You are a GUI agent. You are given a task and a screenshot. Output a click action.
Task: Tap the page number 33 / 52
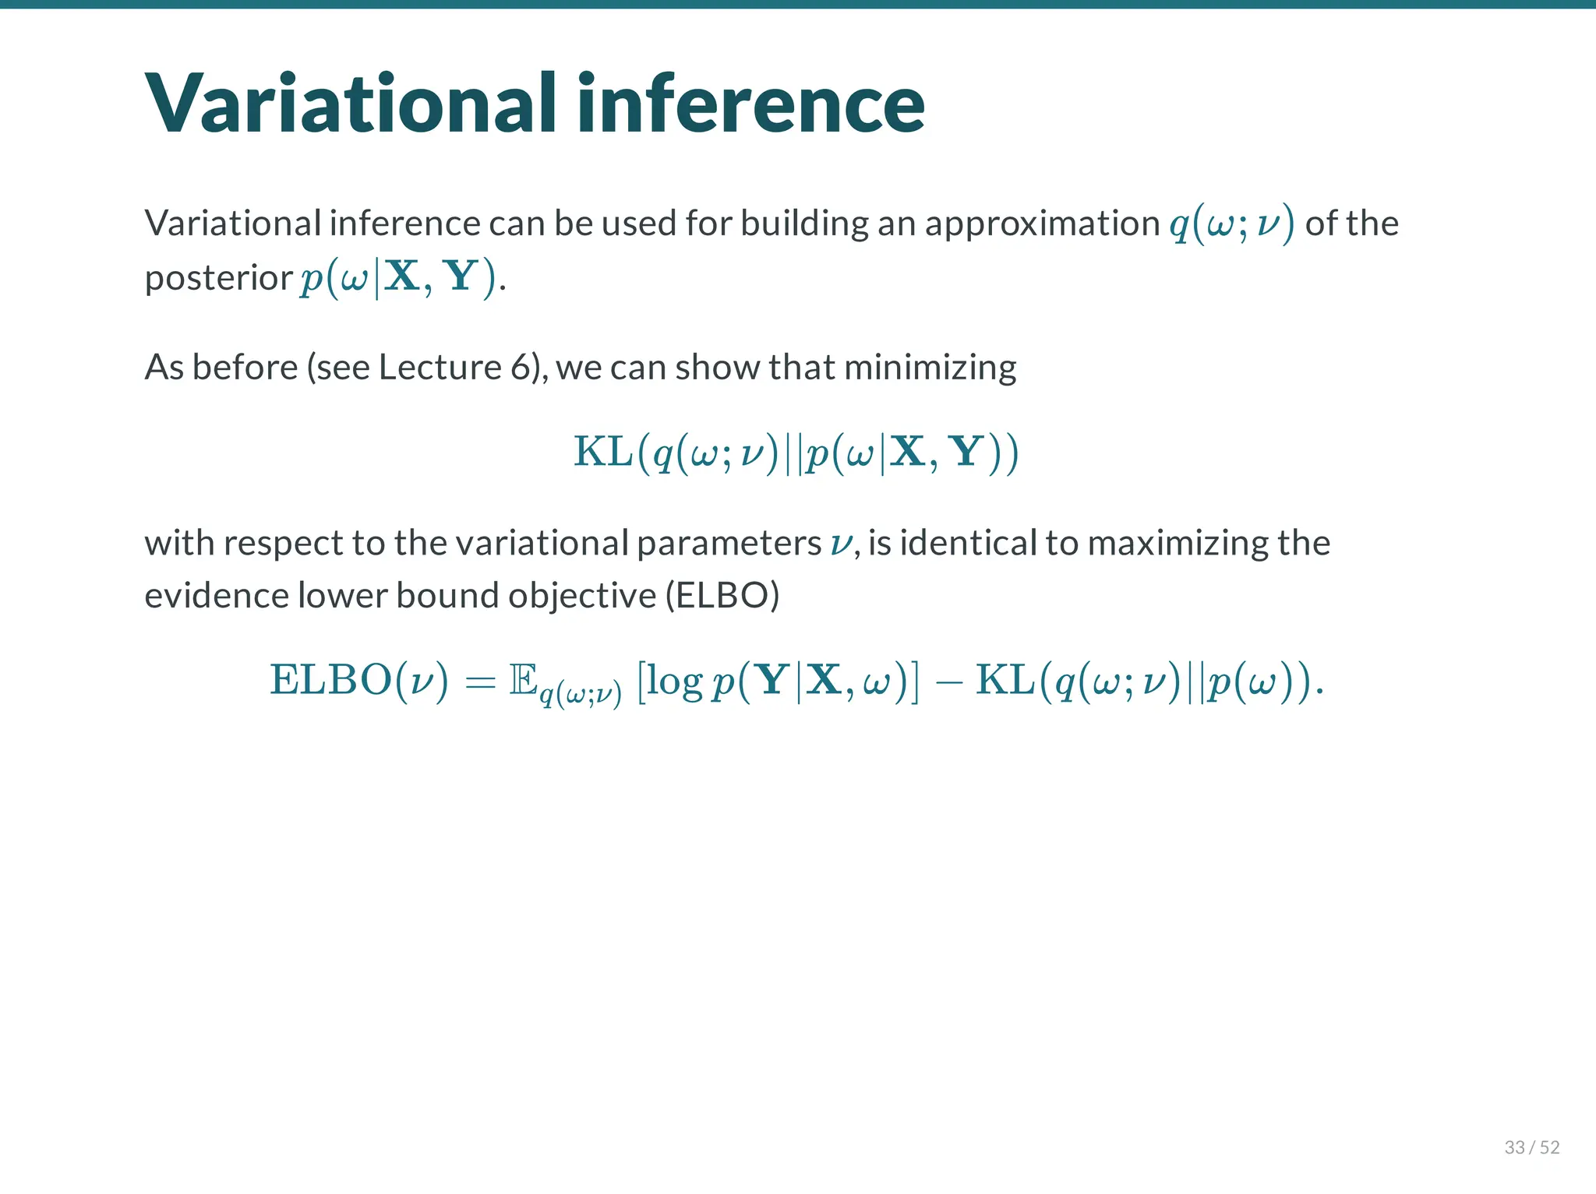1531,1147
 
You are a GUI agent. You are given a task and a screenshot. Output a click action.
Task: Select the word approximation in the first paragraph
1042,224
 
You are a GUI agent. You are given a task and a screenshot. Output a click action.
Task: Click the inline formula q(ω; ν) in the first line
1231,224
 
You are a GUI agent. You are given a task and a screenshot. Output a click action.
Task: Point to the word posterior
218,278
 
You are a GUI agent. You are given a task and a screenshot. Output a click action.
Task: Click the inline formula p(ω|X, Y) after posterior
398,278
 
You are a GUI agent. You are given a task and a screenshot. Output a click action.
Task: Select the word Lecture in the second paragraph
440,367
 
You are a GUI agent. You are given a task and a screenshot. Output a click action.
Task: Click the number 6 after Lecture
521,367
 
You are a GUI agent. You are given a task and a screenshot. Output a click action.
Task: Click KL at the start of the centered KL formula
602,452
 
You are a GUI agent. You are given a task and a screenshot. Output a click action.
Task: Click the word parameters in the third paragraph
729,543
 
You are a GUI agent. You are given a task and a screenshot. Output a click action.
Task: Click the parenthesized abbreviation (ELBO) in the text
722,596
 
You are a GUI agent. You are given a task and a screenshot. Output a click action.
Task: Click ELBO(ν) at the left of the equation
358,680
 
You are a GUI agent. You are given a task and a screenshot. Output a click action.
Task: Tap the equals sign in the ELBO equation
480,682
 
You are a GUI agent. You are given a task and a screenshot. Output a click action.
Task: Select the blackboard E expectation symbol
523,679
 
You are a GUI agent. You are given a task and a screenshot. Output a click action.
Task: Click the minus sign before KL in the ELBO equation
948,682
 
